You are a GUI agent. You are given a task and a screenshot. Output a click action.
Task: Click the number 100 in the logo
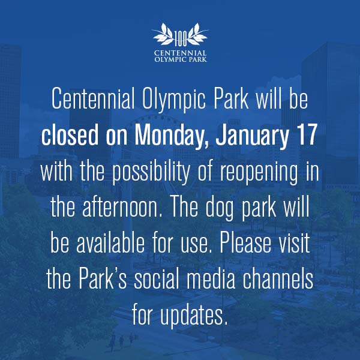pyautogui.click(x=181, y=39)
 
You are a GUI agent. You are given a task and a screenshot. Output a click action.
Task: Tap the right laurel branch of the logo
pyautogui.click(x=197, y=34)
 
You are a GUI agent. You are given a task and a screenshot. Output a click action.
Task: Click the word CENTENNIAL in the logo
pyautogui.click(x=180, y=53)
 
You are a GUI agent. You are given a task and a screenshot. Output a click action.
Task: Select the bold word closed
pyautogui.click(x=70, y=134)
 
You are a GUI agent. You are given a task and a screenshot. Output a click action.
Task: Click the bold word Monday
pyautogui.click(x=172, y=136)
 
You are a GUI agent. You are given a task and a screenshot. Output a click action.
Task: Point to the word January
pyautogui.click(x=252, y=136)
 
